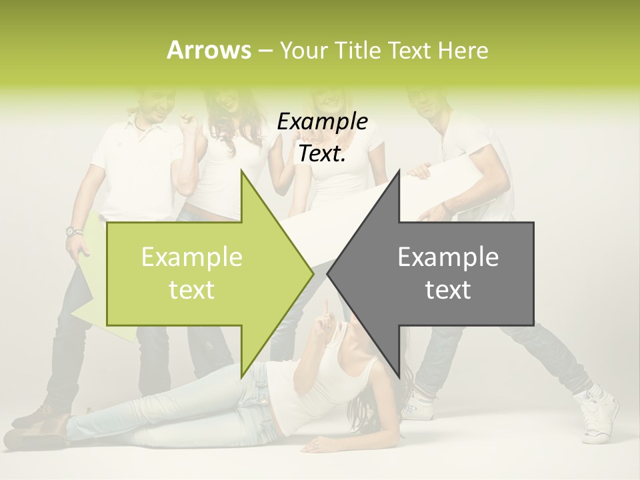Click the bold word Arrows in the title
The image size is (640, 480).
(x=209, y=50)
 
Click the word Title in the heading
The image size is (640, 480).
(x=357, y=50)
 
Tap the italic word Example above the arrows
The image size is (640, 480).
(x=322, y=122)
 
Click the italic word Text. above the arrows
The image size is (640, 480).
(x=322, y=154)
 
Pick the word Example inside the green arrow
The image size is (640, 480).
(x=192, y=257)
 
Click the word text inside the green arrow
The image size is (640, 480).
(x=192, y=290)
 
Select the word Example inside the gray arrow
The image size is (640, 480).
(x=448, y=257)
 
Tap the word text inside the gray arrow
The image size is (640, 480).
(x=448, y=290)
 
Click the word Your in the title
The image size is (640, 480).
(x=303, y=50)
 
